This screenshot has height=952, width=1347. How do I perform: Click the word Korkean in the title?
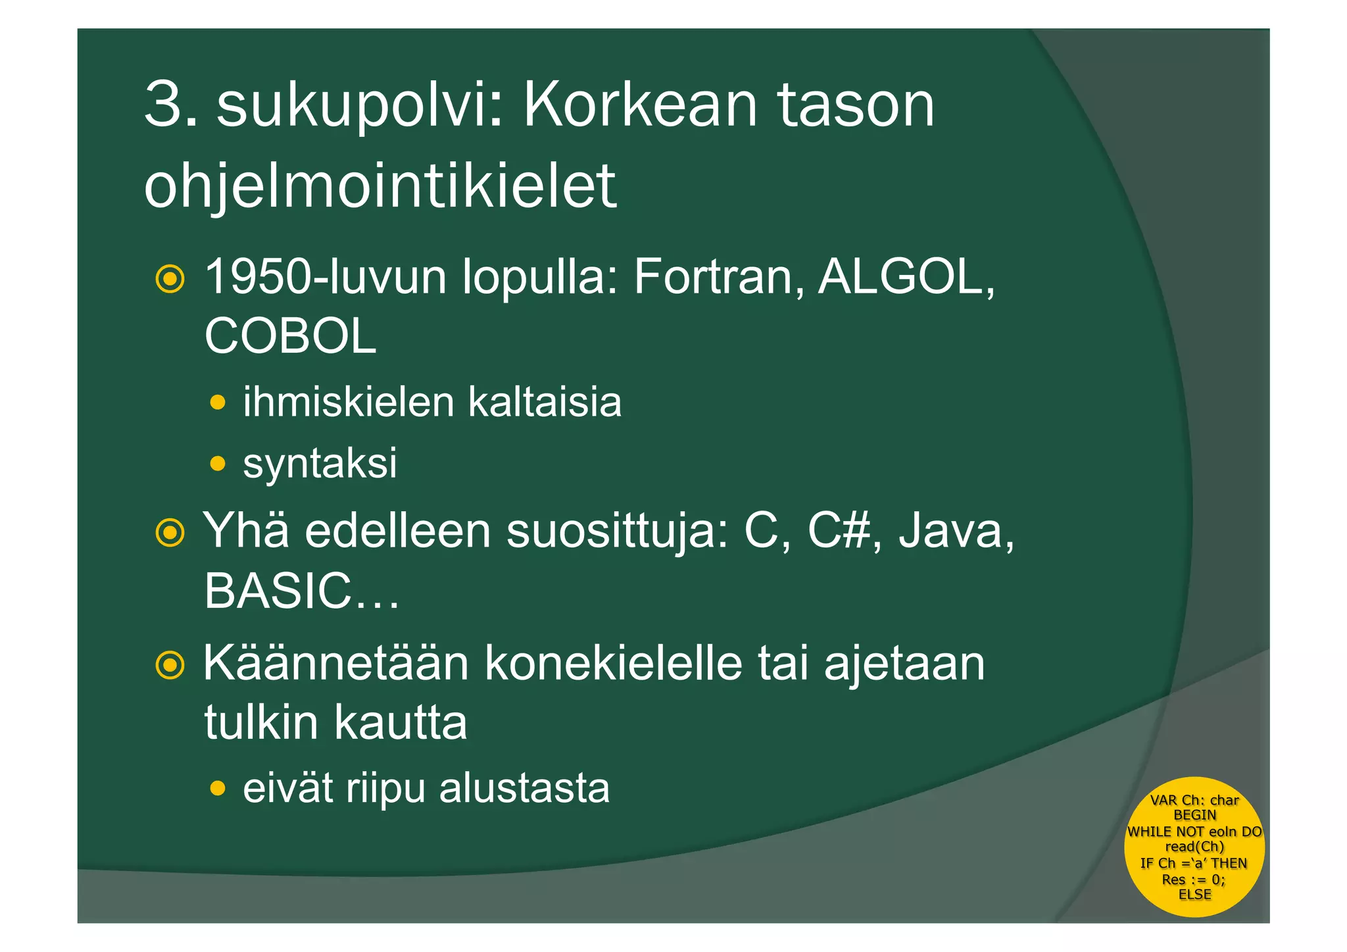point(640,105)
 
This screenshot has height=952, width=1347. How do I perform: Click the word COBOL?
point(290,336)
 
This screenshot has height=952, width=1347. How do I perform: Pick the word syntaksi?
point(320,463)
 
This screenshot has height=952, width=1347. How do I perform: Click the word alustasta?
point(524,788)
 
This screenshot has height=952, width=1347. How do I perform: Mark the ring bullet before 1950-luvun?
point(170,280)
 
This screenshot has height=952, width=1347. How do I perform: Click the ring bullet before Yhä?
point(170,533)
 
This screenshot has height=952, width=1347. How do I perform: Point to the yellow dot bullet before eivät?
point(218,788)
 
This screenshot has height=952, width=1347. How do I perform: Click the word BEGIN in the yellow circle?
point(1194,815)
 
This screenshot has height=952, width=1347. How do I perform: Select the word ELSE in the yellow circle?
point(1194,895)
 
